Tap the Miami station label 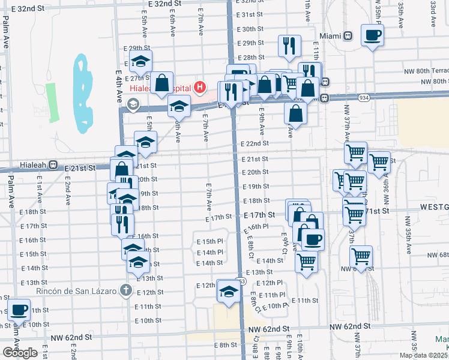coord(330,36)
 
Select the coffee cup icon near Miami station coord(372,35)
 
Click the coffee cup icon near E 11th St coord(20,310)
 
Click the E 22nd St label coord(255,144)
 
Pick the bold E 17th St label coord(259,215)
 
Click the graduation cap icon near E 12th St coord(228,292)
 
